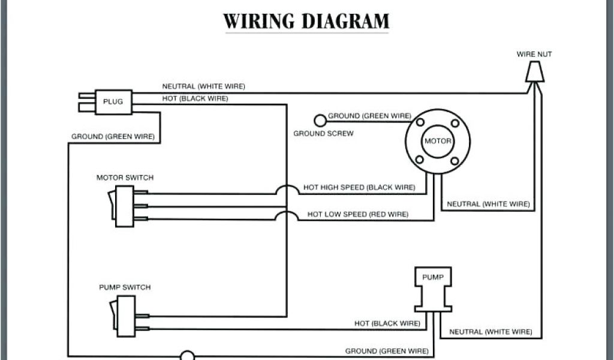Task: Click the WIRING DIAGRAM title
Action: pos(306,21)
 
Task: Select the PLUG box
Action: pos(113,101)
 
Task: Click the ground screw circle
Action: pos(321,120)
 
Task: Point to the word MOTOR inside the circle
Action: pos(437,141)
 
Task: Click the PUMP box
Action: pos(432,277)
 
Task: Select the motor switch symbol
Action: pos(124,206)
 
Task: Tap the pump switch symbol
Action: pos(124,316)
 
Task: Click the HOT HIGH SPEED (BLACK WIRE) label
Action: pos(359,187)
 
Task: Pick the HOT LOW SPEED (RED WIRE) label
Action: pos(358,214)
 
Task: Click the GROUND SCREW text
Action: pos(323,133)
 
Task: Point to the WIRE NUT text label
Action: pos(534,54)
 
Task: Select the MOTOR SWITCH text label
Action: pos(125,178)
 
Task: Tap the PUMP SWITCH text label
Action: pos(125,287)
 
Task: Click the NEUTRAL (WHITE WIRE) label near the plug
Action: pos(203,86)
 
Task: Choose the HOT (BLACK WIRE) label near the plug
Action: pos(195,98)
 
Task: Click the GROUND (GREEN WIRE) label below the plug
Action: pos(113,137)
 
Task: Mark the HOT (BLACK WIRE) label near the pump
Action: pos(387,323)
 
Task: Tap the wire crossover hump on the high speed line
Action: pos(287,190)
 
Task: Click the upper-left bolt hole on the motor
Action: pos(419,123)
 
